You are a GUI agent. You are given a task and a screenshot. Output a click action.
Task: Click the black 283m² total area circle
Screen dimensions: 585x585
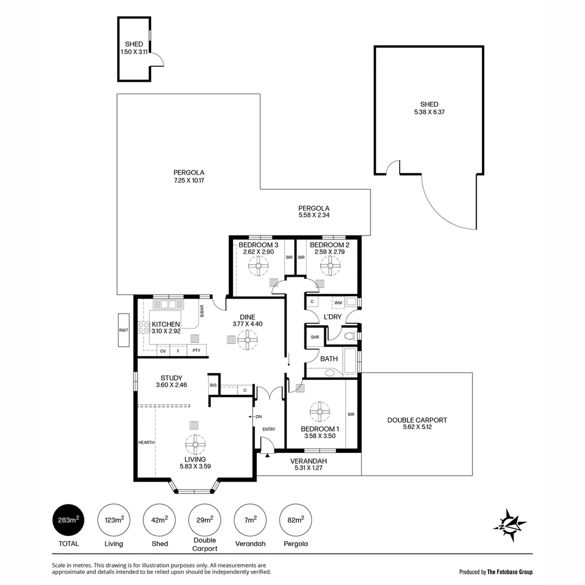click(69, 521)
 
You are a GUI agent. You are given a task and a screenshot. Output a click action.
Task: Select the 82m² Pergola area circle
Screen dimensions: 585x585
click(295, 521)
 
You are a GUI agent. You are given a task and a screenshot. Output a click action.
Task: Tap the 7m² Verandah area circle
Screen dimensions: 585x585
click(250, 521)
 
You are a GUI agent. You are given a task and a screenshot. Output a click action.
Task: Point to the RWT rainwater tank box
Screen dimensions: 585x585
click(124, 330)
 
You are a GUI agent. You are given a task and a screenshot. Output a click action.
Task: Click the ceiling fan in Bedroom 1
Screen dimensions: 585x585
click(320, 412)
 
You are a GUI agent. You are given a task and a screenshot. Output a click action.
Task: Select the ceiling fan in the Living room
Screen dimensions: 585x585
click(194, 444)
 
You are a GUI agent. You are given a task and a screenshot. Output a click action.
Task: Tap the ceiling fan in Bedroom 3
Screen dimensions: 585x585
click(258, 265)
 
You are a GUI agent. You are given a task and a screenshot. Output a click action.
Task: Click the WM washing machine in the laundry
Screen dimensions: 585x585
click(338, 302)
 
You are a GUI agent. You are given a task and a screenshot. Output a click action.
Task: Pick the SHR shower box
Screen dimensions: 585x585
click(315, 337)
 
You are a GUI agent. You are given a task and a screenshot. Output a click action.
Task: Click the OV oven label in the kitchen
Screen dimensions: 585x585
click(162, 351)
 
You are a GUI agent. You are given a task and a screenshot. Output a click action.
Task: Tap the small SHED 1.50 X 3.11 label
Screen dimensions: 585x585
click(133, 48)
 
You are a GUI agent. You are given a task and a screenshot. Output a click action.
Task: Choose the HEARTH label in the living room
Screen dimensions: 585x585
click(146, 443)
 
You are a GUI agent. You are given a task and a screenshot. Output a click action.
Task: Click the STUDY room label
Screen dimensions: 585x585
click(171, 378)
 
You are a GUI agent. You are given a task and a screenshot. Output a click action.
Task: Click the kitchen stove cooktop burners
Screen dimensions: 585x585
click(144, 327)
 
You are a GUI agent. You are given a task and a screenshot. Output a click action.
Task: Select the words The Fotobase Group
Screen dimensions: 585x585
click(510, 571)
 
